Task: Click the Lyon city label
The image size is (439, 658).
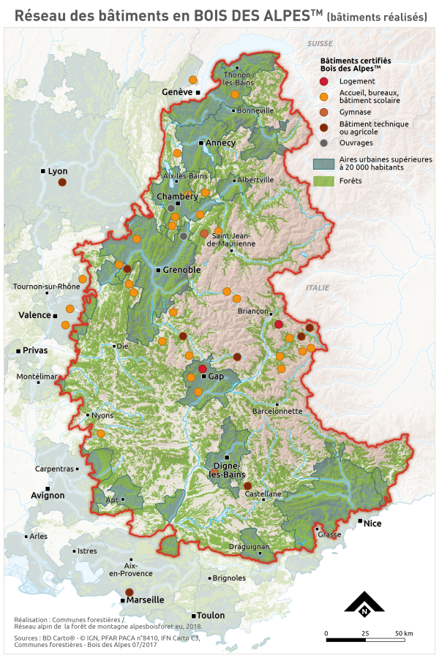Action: click(57, 171)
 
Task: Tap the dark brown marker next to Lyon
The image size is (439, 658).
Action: click(62, 182)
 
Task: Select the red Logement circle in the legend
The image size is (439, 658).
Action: click(323, 81)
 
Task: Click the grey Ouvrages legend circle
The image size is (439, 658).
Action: click(323, 143)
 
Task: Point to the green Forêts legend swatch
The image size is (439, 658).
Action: click(323, 181)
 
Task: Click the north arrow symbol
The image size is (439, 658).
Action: click(364, 604)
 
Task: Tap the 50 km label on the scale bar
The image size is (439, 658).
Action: click(404, 632)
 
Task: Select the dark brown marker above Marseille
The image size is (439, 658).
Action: click(130, 591)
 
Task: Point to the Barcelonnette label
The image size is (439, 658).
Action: click(277, 411)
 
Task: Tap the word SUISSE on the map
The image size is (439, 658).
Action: click(320, 45)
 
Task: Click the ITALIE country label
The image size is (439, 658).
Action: click(318, 288)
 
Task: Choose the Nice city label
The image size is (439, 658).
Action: click(372, 523)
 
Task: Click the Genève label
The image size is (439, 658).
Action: click(176, 92)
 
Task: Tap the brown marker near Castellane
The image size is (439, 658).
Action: click(247, 485)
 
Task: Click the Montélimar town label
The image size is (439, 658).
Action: click(37, 377)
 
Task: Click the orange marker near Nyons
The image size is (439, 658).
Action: click(101, 434)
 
